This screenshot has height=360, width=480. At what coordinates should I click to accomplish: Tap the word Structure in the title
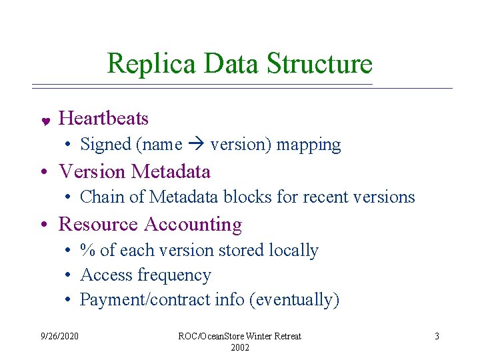click(319, 64)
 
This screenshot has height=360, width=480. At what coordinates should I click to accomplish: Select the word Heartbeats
click(103, 119)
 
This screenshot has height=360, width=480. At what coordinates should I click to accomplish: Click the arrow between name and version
click(196, 145)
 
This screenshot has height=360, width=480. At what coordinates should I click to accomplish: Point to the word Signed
click(105, 144)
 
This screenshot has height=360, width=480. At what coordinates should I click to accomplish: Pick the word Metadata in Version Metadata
click(171, 172)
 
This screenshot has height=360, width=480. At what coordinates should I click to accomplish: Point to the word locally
click(293, 250)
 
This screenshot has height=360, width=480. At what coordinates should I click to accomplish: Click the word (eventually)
click(294, 300)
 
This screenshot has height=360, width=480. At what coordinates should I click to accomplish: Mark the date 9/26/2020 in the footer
click(59, 336)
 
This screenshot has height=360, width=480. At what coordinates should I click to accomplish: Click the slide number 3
click(437, 336)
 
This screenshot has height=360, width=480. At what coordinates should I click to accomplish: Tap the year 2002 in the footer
click(239, 348)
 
